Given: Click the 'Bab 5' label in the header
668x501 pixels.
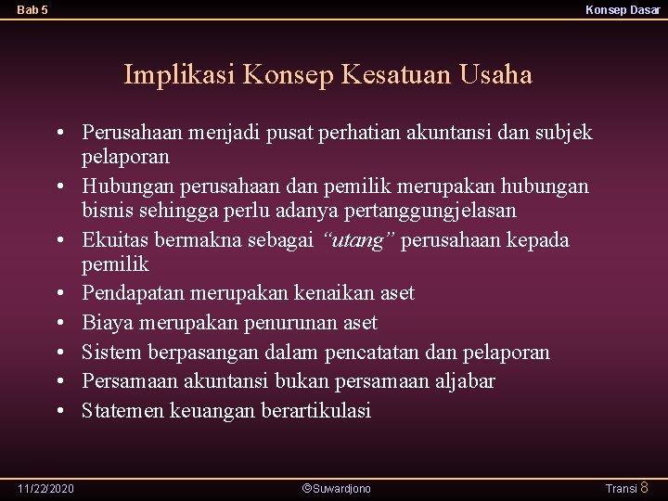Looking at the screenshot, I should click(32, 10).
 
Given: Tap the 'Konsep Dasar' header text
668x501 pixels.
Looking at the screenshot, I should click(623, 10).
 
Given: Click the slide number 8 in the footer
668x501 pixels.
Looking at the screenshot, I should click(645, 487).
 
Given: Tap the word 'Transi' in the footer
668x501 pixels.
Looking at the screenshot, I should click(621, 488).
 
